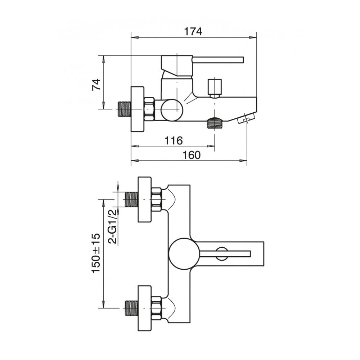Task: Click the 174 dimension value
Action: click(194, 31)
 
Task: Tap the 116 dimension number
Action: click(174, 140)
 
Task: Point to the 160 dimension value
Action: click(191, 155)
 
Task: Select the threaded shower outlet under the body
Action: click(215, 123)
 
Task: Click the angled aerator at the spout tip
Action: click(246, 118)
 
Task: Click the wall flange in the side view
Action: click(138, 109)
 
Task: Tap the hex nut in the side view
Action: click(149, 109)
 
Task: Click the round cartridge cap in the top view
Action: click(184, 253)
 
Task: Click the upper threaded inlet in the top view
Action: click(131, 199)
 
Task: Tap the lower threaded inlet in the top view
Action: click(131, 309)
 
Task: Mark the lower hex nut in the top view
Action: click(157, 309)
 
